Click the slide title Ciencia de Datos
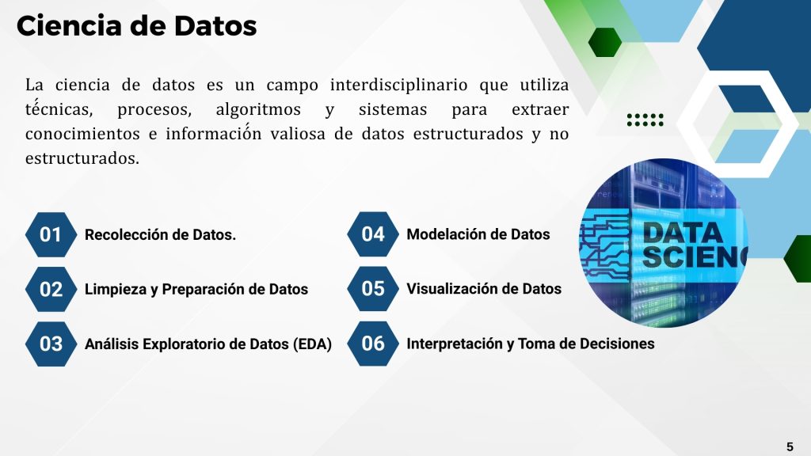[x=136, y=26]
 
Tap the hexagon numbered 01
[x=51, y=234]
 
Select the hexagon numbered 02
[x=51, y=289]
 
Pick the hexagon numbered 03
[x=51, y=344]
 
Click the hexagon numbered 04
[x=373, y=234]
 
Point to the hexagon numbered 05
[x=373, y=288]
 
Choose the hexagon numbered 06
[x=373, y=344]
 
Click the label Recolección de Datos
[x=160, y=234]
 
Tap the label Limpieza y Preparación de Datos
[x=196, y=289]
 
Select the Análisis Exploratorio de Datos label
[x=208, y=344]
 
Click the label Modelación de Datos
[x=478, y=234]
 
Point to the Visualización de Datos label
[x=484, y=288]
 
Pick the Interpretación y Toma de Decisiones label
[x=531, y=344]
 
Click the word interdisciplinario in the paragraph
[x=399, y=85]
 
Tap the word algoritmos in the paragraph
[x=258, y=109]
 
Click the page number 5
[x=790, y=446]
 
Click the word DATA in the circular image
[x=683, y=233]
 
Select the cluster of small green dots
[x=645, y=120]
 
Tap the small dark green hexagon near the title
[x=605, y=42]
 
